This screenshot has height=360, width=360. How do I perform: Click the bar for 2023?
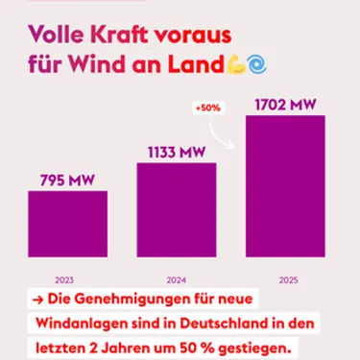click(x=67, y=224)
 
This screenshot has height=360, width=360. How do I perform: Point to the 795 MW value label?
click(x=67, y=179)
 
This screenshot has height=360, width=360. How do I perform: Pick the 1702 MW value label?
click(x=285, y=102)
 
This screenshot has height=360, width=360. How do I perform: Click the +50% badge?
click(x=208, y=108)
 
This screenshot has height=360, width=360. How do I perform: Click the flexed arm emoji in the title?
click(x=235, y=65)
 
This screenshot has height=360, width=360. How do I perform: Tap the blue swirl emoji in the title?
click(x=256, y=65)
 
